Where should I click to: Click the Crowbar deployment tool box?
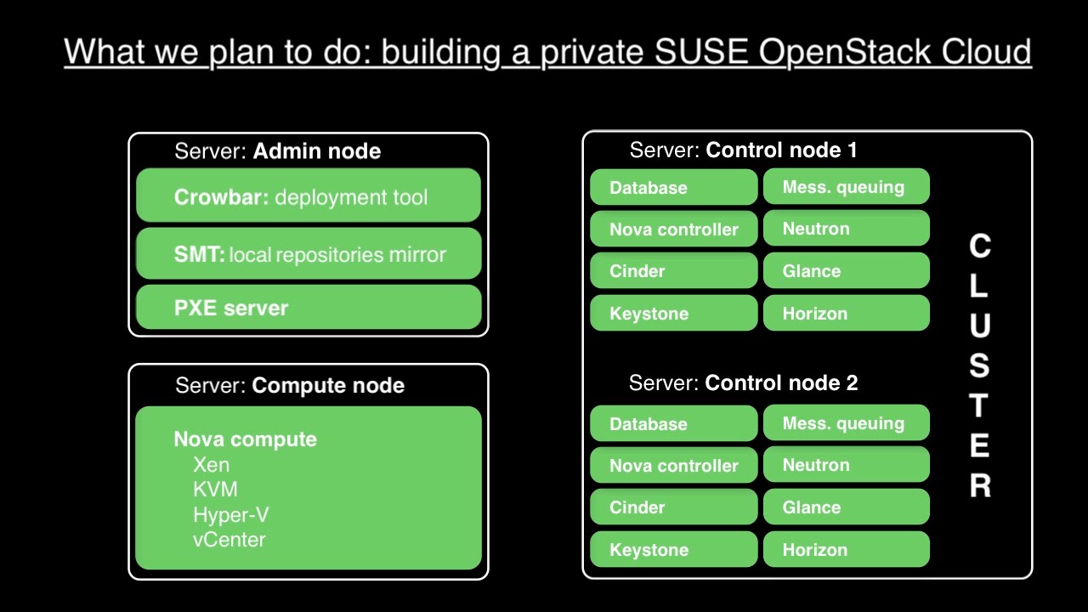[x=308, y=195]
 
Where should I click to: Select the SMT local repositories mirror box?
[x=308, y=253]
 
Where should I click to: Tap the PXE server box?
[x=308, y=307]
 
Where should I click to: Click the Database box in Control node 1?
[x=673, y=187]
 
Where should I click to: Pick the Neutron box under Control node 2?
[x=846, y=465]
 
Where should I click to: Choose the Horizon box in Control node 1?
[x=846, y=314]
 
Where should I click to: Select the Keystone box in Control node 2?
[x=673, y=550]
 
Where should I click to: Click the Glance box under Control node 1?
[x=846, y=271]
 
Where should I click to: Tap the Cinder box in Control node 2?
[x=673, y=507]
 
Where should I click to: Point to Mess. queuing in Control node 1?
[x=846, y=187]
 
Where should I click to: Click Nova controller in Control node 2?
[x=673, y=465]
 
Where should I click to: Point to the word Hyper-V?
[x=230, y=515]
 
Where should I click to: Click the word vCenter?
[x=229, y=540]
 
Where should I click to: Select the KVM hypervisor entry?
[x=215, y=490]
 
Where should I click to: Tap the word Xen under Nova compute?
[x=211, y=465]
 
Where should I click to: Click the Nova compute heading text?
[x=245, y=439]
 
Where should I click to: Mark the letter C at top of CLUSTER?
[x=980, y=246]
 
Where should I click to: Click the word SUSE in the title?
[x=701, y=53]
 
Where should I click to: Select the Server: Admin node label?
[x=277, y=151]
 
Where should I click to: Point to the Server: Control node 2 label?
[x=743, y=383]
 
